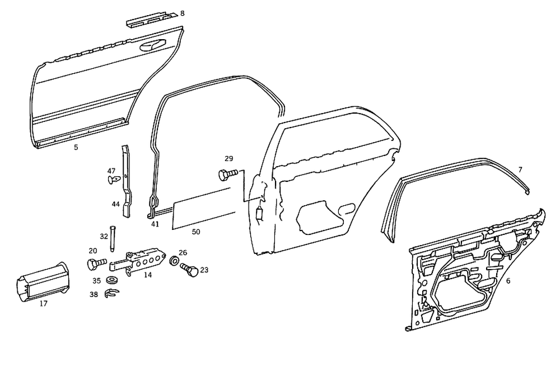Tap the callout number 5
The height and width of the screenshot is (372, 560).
tap(76, 148)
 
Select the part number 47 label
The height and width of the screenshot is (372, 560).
tap(111, 171)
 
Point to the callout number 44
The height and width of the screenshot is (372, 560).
tap(115, 204)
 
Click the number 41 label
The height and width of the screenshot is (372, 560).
tap(155, 224)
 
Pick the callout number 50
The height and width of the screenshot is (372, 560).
tap(195, 230)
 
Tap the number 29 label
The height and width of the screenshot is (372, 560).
tap(228, 158)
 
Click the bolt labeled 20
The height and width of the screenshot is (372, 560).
tap(96, 263)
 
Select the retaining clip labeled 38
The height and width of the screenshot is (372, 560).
tap(111, 294)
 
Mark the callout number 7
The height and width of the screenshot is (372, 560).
tap(520, 169)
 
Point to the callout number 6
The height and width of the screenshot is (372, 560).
tap(508, 281)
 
